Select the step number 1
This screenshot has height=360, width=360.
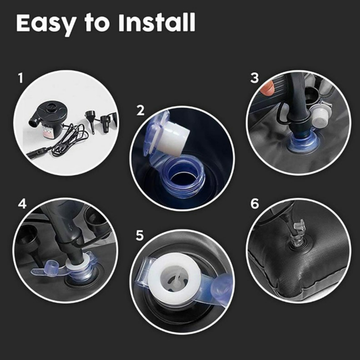(20, 79)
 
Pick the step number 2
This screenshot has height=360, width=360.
(140, 111)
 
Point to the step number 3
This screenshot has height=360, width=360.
(254, 78)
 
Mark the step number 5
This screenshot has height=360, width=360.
(140, 235)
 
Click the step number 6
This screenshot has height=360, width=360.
(254, 203)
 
